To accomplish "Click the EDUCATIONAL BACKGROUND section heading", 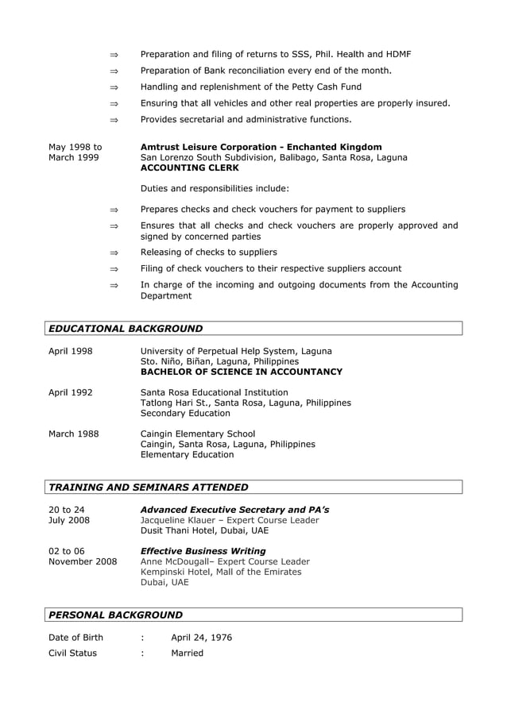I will tap(126, 329).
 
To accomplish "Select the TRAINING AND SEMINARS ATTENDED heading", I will tap(149, 488).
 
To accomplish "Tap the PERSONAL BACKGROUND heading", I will tap(116, 615).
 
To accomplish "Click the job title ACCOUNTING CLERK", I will tap(189, 168).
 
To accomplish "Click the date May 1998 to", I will tap(75, 147).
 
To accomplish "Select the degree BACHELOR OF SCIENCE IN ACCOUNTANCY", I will tap(242, 372).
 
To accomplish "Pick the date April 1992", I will tap(71, 392).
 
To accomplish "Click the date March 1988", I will tap(73, 434).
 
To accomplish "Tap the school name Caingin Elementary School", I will tap(198, 434).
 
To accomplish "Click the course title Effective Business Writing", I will tap(203, 551).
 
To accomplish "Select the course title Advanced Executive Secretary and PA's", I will tap(234, 510).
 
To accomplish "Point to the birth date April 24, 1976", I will tap(202, 638).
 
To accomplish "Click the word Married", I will tap(187, 653).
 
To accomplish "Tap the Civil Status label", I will tap(73, 653).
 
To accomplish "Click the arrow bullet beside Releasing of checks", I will tap(114, 252).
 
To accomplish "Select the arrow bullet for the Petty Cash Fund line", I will tap(114, 87).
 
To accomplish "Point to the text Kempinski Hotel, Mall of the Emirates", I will tap(221, 572).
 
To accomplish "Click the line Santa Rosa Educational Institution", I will tap(214, 392).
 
